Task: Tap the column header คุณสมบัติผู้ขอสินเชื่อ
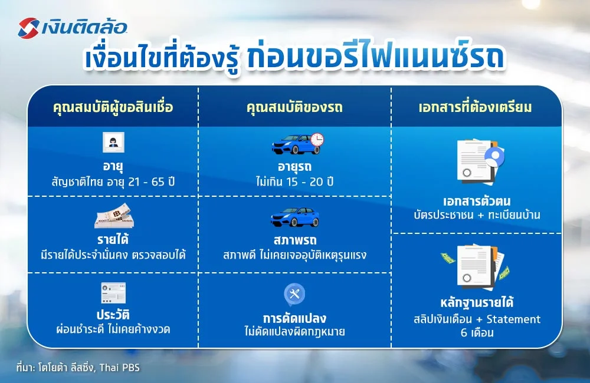click(x=113, y=108)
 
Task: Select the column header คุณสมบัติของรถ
click(x=294, y=108)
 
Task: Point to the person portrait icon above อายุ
click(x=113, y=143)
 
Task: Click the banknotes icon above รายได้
click(x=114, y=219)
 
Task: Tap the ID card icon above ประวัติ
click(x=113, y=293)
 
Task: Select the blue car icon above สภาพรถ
click(x=294, y=217)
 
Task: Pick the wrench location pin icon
click(x=294, y=293)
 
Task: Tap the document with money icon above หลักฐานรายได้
click(x=475, y=266)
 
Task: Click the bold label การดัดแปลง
click(x=295, y=318)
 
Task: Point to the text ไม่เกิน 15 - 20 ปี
click(x=295, y=181)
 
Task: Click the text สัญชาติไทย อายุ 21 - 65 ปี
click(x=113, y=181)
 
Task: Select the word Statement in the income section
click(x=511, y=319)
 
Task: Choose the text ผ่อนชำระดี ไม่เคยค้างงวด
click(x=113, y=329)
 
